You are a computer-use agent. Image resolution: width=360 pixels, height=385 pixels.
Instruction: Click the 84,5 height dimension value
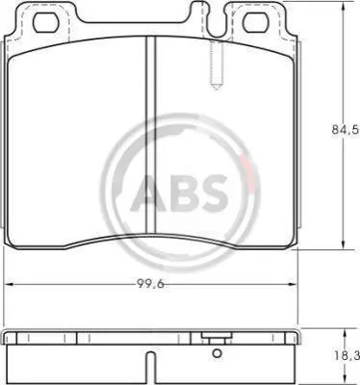[x=345, y=130]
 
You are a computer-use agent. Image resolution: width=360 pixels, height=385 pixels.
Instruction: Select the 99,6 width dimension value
[x=150, y=284]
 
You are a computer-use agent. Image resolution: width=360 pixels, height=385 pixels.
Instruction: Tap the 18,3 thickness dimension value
[x=346, y=355]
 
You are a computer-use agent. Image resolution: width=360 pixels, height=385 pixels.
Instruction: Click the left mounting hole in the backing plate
[x=46, y=23]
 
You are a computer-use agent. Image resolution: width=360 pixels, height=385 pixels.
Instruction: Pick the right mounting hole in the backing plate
[x=256, y=23]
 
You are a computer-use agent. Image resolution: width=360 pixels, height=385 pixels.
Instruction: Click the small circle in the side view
[x=218, y=353]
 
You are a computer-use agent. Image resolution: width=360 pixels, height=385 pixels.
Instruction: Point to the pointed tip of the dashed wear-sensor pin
[x=217, y=89]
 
